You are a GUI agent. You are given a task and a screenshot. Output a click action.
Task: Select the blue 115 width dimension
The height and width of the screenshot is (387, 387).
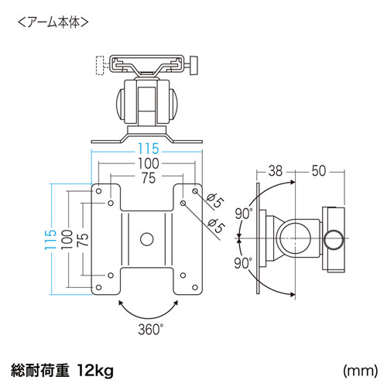click(148, 149)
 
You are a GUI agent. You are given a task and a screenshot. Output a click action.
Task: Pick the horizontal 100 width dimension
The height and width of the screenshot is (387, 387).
click(148, 163)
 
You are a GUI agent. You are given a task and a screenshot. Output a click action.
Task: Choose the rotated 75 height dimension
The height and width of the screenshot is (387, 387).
click(80, 238)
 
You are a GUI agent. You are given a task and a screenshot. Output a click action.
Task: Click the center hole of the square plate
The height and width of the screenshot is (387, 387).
click(147, 238)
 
